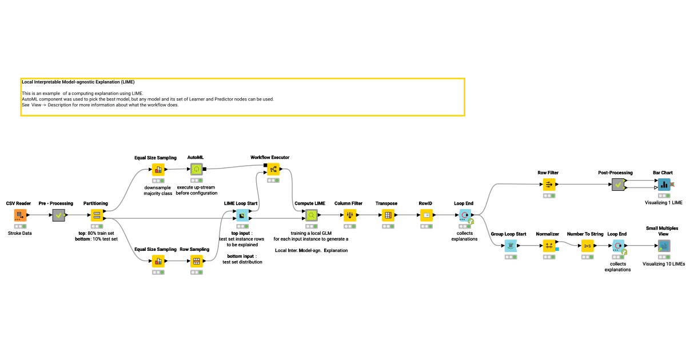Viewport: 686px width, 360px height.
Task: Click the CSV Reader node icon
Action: pos(20,215)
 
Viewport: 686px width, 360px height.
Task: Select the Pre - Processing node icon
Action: pos(59,215)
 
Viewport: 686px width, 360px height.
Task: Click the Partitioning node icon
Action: pos(97,215)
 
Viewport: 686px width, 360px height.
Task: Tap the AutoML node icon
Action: pos(197,169)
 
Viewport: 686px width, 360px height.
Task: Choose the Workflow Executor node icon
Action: pos(273,169)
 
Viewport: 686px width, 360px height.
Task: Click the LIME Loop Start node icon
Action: pos(241,215)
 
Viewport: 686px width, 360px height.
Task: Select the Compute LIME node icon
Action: pos(311,215)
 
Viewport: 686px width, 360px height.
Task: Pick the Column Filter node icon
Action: pos(350,215)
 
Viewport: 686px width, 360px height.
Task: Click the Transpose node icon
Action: pos(388,215)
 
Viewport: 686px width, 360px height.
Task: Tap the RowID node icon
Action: pos(426,215)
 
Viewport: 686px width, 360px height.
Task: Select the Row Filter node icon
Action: pos(549,185)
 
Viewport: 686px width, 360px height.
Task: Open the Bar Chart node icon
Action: pos(663,185)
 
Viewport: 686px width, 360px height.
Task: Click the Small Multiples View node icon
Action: pos(663,246)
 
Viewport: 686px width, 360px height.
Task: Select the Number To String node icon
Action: pos(587,246)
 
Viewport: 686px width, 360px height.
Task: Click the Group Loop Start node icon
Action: pos(510,246)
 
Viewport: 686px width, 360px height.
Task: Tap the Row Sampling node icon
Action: pos(197,261)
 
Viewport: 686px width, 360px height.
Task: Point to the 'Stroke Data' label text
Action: pos(20,233)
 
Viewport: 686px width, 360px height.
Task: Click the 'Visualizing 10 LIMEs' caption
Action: pos(664,264)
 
